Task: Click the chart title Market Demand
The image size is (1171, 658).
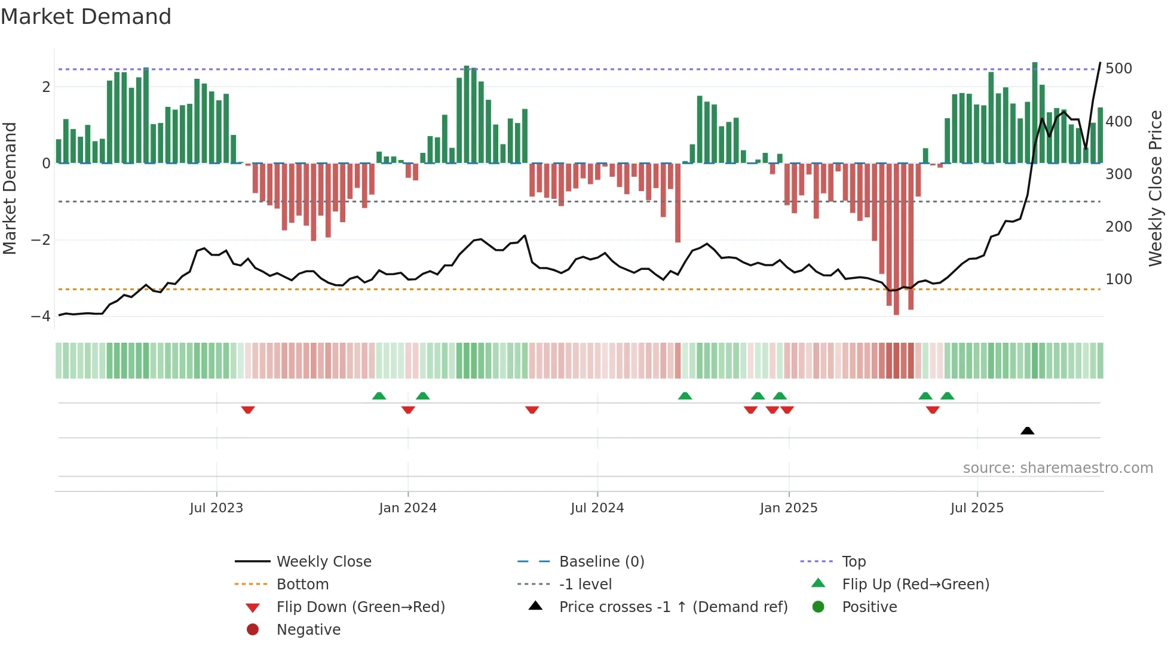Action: pos(86,17)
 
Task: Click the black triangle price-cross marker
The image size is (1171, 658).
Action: pos(1027,431)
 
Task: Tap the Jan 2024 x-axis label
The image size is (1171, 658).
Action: pos(407,508)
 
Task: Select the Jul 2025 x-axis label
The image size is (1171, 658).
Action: pos(977,508)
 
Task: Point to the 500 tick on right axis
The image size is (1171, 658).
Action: pos(1118,69)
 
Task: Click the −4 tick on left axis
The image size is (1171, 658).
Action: pos(41,316)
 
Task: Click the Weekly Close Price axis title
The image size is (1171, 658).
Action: pos(1155,188)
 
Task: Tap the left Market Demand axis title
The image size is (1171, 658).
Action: pos(10,188)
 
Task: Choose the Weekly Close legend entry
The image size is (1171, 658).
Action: pos(323,561)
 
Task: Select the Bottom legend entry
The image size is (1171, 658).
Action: pos(302,584)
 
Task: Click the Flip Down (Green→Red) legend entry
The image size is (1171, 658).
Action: pos(360,607)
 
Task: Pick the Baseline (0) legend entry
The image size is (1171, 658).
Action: pos(601,561)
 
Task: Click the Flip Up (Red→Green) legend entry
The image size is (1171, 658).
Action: pos(915,584)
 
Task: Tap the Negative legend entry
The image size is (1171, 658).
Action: pos(308,629)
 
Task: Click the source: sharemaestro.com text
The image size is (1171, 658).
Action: pos(1057,468)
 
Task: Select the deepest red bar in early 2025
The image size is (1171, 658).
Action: pos(896,239)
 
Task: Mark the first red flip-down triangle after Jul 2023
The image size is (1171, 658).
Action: pos(248,410)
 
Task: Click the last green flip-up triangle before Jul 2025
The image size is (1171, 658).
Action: pos(947,396)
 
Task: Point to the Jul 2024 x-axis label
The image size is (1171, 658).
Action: pos(597,508)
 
